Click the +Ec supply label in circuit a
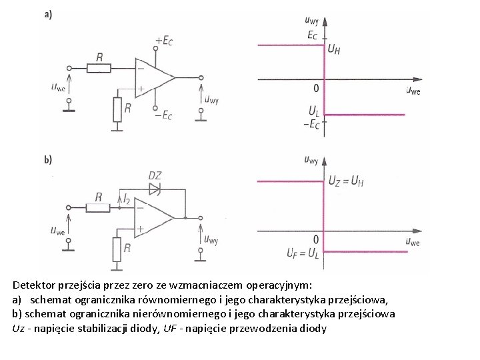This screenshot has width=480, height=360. click(x=164, y=41)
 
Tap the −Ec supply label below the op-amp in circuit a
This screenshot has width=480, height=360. click(x=163, y=115)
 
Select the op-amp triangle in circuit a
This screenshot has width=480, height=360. click(x=152, y=77)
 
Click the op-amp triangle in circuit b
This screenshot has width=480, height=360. click(x=152, y=217)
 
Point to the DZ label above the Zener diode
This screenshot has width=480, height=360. click(x=154, y=175)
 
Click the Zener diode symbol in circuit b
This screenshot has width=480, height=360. click(x=154, y=189)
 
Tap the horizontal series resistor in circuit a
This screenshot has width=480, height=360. click(x=99, y=68)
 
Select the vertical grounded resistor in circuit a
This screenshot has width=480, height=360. click(x=117, y=108)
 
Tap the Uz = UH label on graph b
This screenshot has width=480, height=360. click(x=346, y=181)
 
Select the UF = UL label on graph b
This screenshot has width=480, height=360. click(x=304, y=253)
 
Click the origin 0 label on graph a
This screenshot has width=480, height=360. click(x=316, y=88)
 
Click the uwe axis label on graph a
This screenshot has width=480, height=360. click(x=413, y=91)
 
